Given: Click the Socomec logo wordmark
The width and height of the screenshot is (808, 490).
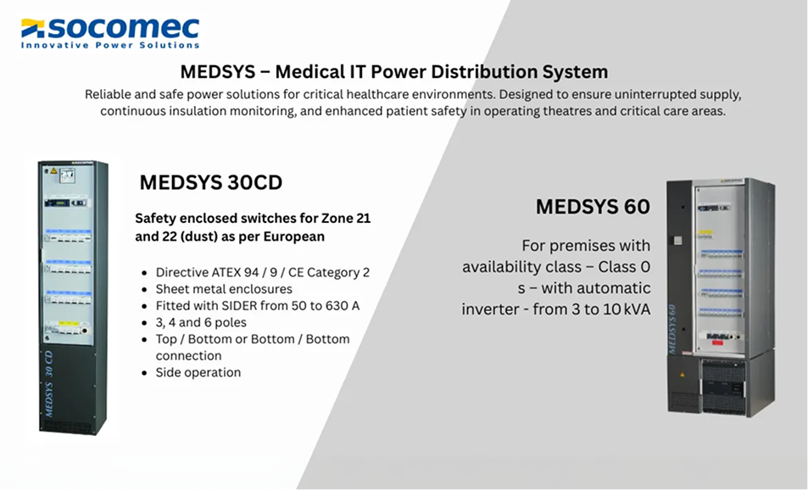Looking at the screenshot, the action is (124, 28).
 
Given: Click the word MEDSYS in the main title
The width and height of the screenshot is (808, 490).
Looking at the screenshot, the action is (217, 71).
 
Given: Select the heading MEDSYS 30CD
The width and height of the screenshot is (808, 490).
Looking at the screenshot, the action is (211, 182).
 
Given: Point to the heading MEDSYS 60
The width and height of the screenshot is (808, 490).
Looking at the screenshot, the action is (593, 207).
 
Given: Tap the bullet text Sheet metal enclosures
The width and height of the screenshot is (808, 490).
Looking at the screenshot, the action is (224, 289).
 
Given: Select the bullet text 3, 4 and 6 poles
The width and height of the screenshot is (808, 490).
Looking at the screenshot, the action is (201, 322).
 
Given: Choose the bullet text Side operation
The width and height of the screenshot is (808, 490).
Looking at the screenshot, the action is (198, 372).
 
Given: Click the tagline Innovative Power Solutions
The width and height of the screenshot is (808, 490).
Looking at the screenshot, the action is (110, 45).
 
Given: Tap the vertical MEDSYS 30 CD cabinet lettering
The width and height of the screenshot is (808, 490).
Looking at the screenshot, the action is (49, 383).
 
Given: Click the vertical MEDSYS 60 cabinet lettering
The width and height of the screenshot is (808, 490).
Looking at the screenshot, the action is (672, 329).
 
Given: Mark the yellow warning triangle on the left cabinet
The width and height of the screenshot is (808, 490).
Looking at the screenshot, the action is (53, 171).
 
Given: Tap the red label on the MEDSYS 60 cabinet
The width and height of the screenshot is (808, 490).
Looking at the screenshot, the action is (716, 342).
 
